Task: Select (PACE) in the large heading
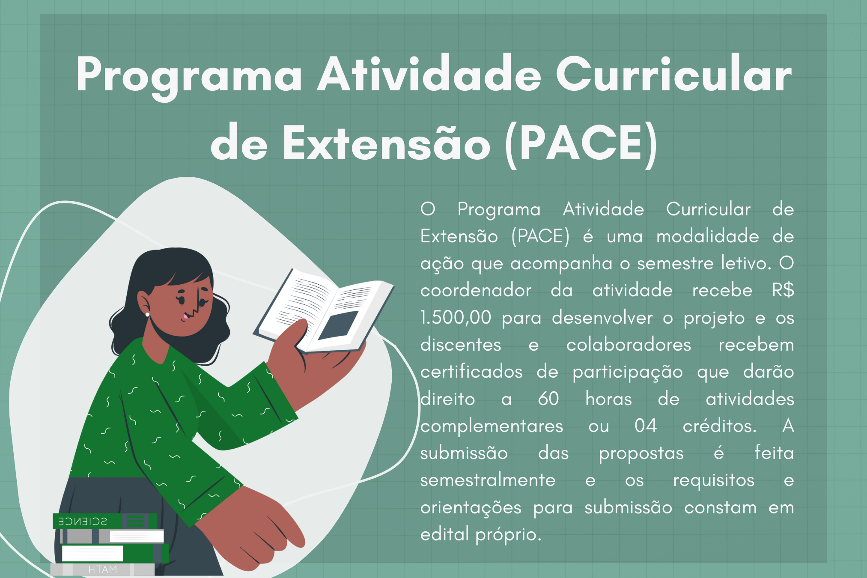[581, 143]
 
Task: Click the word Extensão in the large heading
[387, 143]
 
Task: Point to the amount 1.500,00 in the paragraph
[456, 318]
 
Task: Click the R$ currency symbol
[783, 290]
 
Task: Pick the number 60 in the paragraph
[548, 399]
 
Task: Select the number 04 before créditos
[646, 426]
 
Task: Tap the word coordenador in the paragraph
[476, 290]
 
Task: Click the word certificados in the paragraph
[471, 372]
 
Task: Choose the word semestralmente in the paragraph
[488, 480]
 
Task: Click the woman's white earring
[148, 315]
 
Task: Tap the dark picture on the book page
[338, 325]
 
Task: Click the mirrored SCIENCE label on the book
[83, 521]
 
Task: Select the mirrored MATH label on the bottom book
[102, 569]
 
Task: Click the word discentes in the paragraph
[461, 345]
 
